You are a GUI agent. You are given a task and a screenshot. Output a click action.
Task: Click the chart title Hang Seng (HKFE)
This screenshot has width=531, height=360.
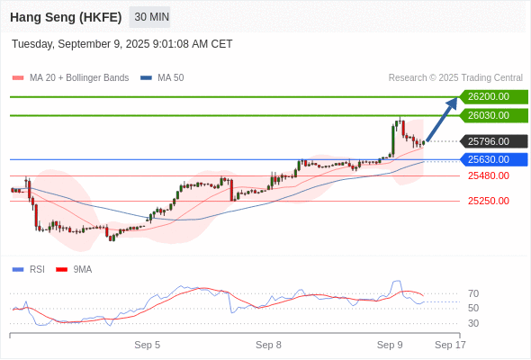(x=66, y=17)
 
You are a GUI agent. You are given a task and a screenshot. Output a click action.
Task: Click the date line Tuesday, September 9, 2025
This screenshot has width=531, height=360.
(x=121, y=44)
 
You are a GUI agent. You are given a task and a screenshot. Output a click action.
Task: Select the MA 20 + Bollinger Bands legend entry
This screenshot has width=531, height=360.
(x=70, y=78)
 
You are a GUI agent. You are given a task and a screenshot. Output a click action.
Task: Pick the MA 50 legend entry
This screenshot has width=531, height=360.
(x=162, y=78)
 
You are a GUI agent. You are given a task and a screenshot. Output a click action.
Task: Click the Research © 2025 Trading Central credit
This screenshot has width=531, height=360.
(x=455, y=78)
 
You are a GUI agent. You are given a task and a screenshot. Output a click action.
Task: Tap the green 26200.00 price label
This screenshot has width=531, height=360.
(x=494, y=97)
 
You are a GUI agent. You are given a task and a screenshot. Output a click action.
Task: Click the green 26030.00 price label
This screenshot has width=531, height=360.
(x=494, y=115)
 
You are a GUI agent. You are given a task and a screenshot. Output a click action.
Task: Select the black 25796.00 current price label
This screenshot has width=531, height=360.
(x=494, y=141)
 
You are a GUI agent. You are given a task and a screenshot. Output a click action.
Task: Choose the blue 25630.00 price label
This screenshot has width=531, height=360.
(x=494, y=159)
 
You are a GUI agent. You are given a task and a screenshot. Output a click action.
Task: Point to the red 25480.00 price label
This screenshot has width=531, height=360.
(x=489, y=175)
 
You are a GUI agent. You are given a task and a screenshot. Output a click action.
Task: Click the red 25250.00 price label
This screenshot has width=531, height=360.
(x=489, y=201)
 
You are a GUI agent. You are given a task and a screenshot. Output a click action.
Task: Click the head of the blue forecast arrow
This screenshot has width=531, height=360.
(x=457, y=98)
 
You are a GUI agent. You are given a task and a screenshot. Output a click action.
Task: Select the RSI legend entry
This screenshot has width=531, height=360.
(x=29, y=270)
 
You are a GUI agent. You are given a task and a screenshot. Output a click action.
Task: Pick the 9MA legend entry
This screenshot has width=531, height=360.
(x=74, y=270)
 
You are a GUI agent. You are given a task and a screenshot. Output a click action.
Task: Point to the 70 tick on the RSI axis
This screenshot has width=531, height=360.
(x=473, y=293)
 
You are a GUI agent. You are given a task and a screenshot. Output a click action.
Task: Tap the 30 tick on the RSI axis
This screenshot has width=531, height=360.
(x=473, y=323)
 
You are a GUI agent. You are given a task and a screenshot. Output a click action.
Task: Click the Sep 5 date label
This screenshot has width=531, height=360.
(x=148, y=345)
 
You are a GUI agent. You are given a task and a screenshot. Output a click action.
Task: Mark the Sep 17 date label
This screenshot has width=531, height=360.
(x=450, y=345)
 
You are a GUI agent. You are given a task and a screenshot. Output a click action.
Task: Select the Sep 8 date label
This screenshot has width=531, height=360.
(x=268, y=345)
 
